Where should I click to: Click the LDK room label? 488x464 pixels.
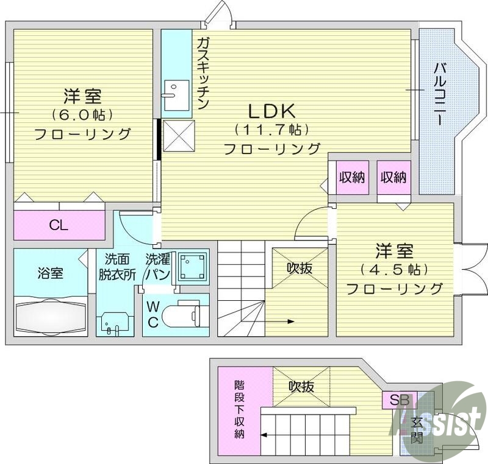[271, 111]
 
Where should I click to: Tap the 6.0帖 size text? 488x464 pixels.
[83, 114]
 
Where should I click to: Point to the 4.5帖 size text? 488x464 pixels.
[395, 269]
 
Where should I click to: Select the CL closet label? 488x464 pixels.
[59, 226]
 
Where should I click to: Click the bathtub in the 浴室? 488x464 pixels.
[50, 315]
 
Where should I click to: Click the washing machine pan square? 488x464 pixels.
[193, 267]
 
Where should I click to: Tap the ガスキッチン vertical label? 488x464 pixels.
[203, 72]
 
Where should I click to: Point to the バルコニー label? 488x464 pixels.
[439, 94]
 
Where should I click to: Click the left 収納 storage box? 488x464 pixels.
[352, 178]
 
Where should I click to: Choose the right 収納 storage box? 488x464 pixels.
[393, 178]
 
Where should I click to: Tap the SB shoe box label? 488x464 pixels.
[399, 401]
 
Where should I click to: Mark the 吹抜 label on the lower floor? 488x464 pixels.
[301, 386]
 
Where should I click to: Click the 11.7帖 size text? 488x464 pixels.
[271, 130]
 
